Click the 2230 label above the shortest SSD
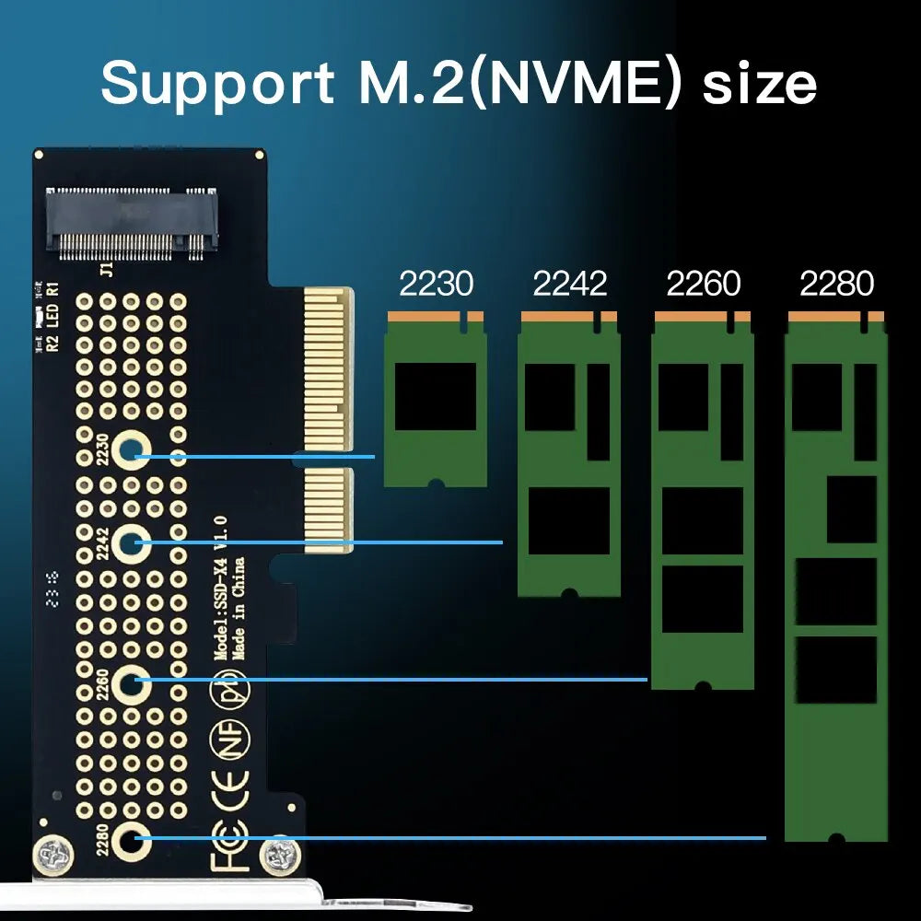[436, 284]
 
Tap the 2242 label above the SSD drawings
[569, 284]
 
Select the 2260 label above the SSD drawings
[703, 284]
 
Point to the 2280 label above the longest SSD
[836, 284]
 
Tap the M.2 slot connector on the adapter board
[133, 219]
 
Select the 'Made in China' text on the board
[239, 609]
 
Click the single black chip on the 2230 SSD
[436, 396]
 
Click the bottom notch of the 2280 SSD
[835, 839]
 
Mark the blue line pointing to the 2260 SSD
[396, 680]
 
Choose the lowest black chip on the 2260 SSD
[702, 599]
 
